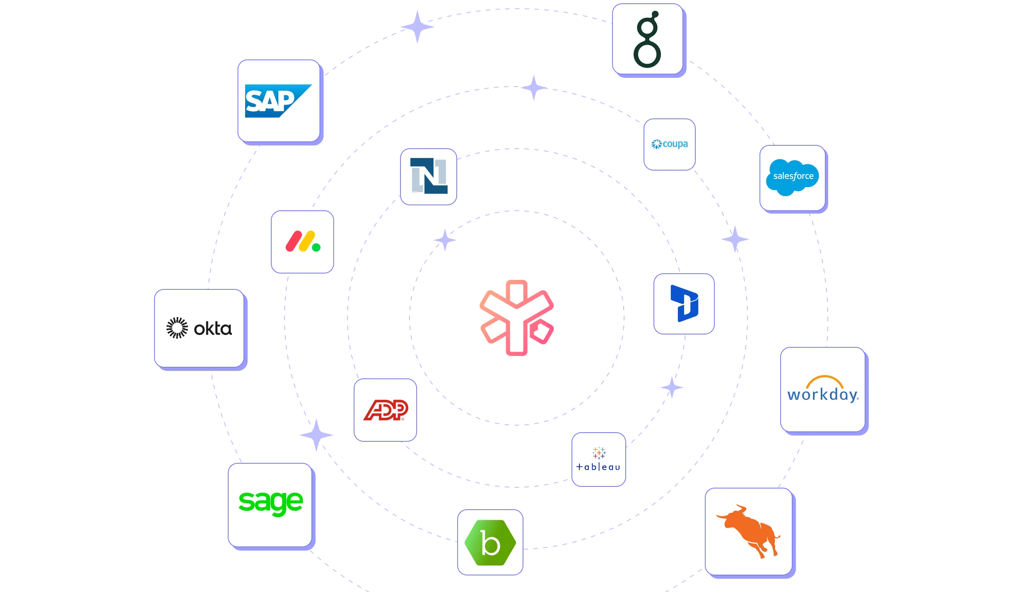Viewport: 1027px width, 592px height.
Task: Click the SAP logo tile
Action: tap(278, 101)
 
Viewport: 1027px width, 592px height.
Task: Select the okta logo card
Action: tap(199, 328)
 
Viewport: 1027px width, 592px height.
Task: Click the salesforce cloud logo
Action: tap(792, 177)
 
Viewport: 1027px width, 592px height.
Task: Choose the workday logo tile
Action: tap(823, 390)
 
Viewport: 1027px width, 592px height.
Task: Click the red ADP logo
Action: tap(386, 410)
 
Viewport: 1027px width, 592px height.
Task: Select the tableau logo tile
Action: tap(598, 459)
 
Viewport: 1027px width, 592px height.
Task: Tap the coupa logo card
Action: tap(669, 144)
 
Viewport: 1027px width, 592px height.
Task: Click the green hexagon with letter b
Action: tap(490, 542)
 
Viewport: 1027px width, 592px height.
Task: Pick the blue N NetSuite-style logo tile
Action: tap(429, 176)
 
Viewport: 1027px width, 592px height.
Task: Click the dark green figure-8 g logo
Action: tap(647, 40)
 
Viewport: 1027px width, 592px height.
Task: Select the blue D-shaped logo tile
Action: tap(684, 303)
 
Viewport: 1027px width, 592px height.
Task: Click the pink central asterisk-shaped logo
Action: tap(516, 318)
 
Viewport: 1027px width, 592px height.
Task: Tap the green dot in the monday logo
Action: tap(316, 248)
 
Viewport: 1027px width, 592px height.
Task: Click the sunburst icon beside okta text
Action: tap(177, 328)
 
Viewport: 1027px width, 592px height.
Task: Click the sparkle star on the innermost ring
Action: tap(444, 240)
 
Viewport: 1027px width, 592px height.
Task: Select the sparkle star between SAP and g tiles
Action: tap(417, 27)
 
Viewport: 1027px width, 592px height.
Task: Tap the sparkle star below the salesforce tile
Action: tap(735, 239)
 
